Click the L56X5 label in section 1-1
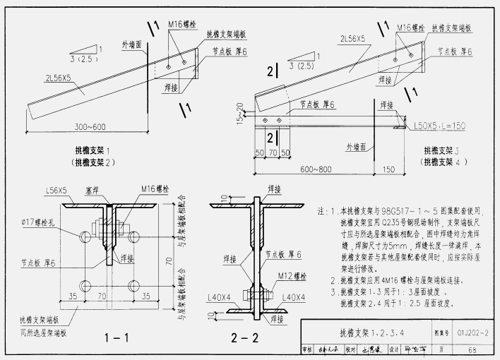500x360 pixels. click(56, 190)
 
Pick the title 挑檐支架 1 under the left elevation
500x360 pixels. click(96, 150)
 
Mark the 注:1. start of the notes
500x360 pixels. click(327, 210)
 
